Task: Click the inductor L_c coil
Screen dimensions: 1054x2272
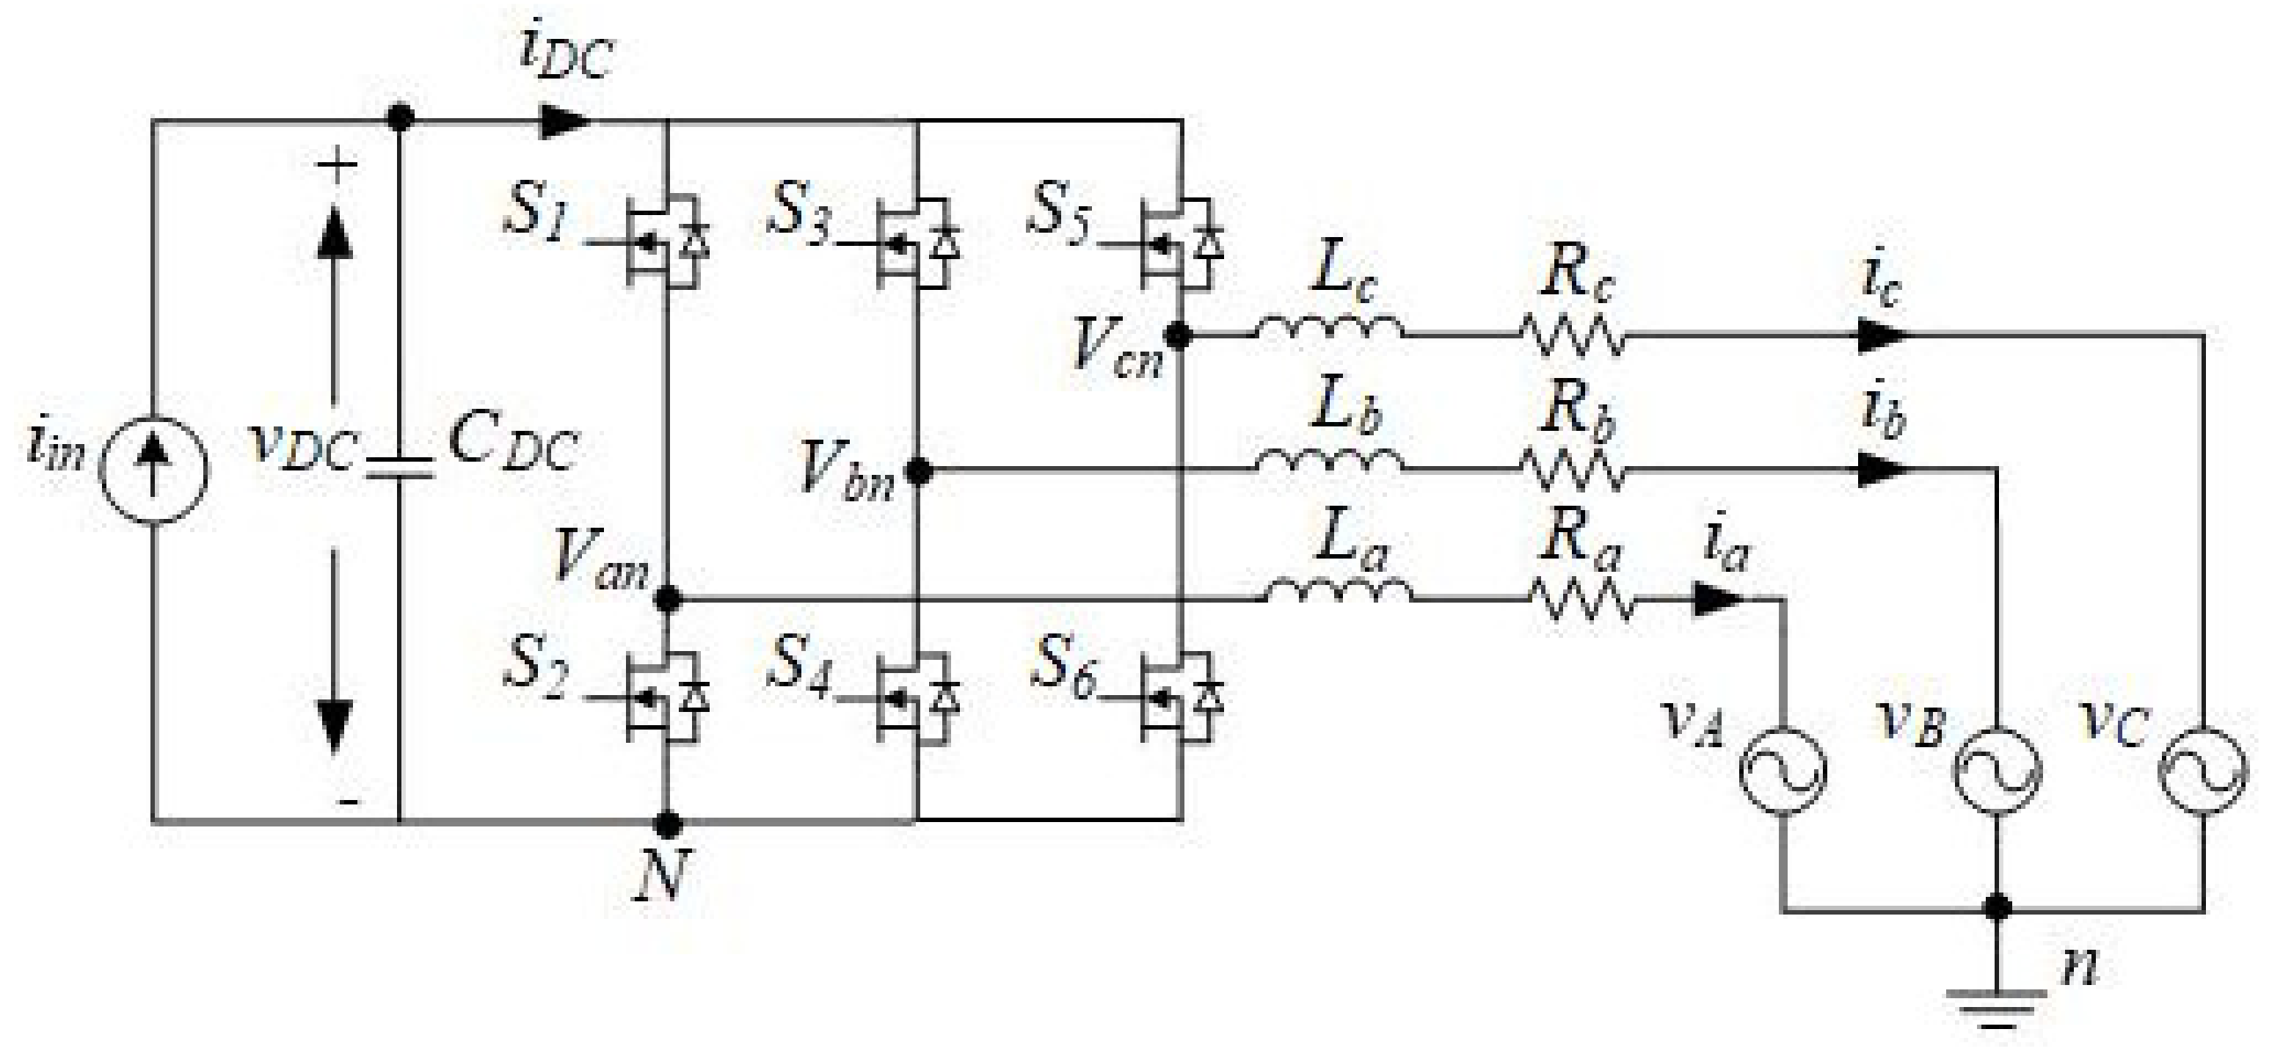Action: [1328, 329]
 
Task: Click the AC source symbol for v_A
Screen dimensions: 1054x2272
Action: [1783, 770]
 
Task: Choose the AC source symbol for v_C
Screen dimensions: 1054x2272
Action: [2202, 770]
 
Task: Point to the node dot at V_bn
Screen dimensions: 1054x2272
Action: [919, 472]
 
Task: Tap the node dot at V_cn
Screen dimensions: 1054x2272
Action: [1179, 335]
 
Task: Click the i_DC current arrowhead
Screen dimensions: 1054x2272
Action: [564, 121]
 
